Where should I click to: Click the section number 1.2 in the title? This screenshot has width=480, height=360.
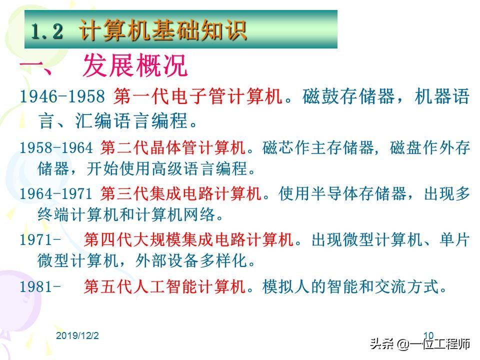pos(47,31)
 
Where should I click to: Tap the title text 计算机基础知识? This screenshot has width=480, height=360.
pos(163,30)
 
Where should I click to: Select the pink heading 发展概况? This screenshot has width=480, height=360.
pos(135,65)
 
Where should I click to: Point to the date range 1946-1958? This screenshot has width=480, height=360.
pos(62,96)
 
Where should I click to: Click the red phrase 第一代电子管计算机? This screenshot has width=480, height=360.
pos(198,96)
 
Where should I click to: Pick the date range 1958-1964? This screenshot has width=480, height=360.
pos(56,147)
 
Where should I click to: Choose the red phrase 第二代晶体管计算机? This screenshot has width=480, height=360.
pos(173,147)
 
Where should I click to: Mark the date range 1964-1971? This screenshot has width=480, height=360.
pos(56,194)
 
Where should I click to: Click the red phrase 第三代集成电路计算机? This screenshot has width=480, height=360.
pos(181,193)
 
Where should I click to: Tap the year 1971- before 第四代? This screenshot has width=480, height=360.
pos(40,239)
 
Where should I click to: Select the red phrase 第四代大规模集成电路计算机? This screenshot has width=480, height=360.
pos(189,239)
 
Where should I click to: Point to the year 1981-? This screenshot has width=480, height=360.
pos(40,287)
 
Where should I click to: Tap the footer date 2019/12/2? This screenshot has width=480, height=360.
pos(77,335)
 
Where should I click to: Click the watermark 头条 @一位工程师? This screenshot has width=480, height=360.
pos(419,344)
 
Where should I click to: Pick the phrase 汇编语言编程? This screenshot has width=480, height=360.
pos(131,120)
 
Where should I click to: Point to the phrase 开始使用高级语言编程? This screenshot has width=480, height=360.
pos(167,168)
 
